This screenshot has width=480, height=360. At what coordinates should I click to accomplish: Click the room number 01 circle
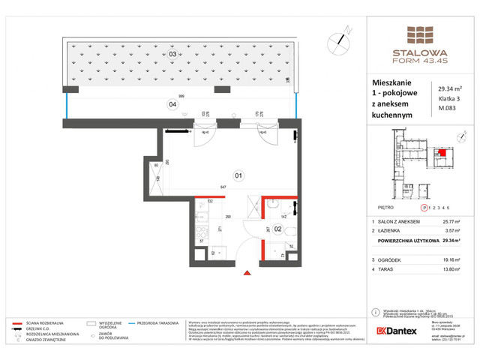coord(239,176)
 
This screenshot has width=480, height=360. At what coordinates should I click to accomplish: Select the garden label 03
coord(172,54)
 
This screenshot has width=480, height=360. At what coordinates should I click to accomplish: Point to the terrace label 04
coord(172,104)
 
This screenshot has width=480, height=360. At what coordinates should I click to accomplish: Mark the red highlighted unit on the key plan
coord(442,155)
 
